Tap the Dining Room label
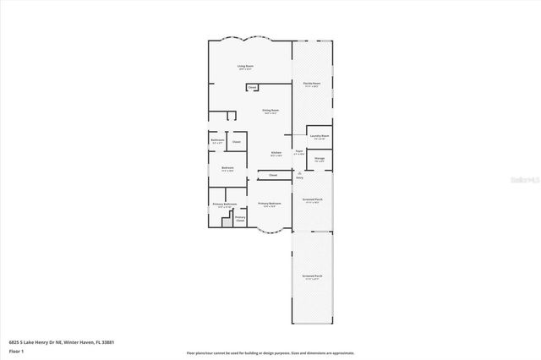270,111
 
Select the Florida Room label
312,84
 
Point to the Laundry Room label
319,136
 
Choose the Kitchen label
276,153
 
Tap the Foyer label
298,153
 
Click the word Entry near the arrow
299,178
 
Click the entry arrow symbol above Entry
299,172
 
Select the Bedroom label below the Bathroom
227,168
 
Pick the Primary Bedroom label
269,205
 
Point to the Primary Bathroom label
224,205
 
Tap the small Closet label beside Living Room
252,87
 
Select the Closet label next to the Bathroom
237,142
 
